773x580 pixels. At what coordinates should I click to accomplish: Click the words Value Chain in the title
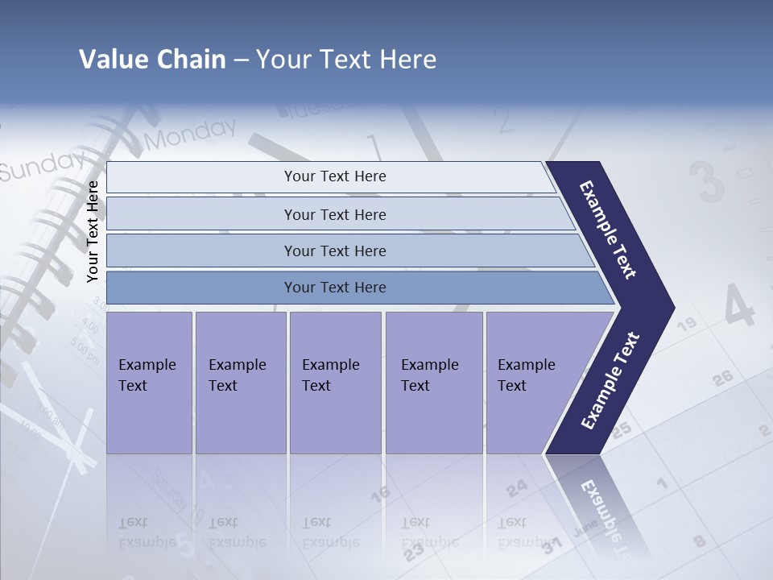pyautogui.click(x=152, y=60)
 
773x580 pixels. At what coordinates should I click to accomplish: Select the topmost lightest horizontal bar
pyautogui.click(x=334, y=176)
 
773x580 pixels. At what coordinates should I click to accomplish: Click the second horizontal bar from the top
pyautogui.click(x=334, y=214)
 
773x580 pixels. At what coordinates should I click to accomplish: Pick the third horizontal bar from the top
pyautogui.click(x=334, y=251)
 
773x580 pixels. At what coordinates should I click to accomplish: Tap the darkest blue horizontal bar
pyautogui.click(x=334, y=288)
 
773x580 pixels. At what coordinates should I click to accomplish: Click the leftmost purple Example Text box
pyautogui.click(x=149, y=383)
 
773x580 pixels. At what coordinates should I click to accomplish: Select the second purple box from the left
pyautogui.click(x=240, y=383)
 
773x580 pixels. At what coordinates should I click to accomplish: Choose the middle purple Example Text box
pyautogui.click(x=335, y=383)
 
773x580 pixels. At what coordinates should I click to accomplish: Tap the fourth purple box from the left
pyautogui.click(x=433, y=383)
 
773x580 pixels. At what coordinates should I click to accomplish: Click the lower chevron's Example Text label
pyautogui.click(x=610, y=381)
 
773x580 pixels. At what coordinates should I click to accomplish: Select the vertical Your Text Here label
pyautogui.click(x=93, y=232)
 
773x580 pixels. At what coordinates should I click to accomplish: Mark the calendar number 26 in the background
pyautogui.click(x=722, y=377)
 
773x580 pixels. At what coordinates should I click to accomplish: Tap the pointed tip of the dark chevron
pyautogui.click(x=672, y=308)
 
